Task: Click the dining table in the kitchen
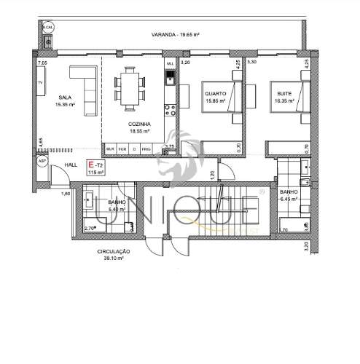(131, 89)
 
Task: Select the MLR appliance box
(110, 149)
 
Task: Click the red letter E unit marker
(90, 166)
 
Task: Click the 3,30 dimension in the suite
(251, 63)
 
